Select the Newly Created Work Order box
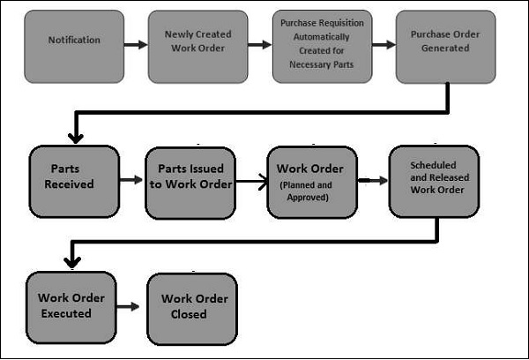(197, 41)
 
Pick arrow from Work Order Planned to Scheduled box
(373, 180)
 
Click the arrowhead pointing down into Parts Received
(76, 137)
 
